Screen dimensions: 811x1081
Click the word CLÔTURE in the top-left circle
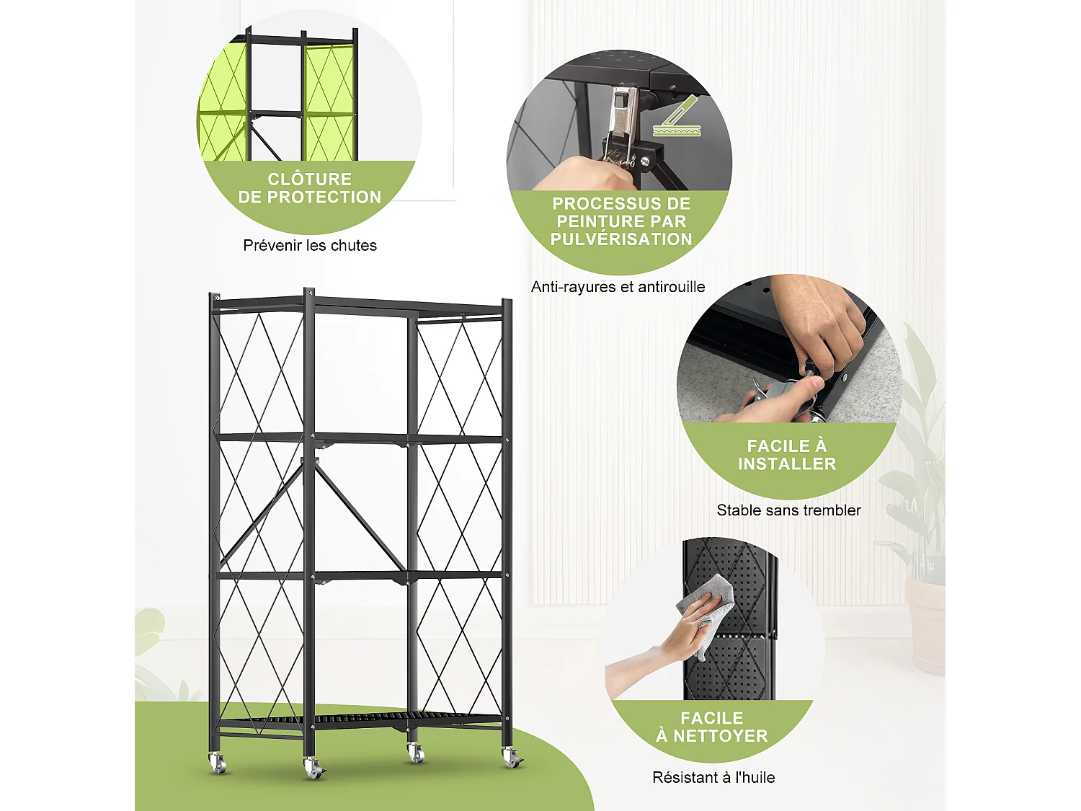click(x=309, y=179)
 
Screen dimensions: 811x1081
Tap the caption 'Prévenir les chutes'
click(x=310, y=245)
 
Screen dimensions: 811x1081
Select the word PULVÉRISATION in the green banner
click(x=621, y=239)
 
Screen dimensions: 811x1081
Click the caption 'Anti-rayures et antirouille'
click(x=618, y=287)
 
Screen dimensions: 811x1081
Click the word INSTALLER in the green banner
click(x=787, y=464)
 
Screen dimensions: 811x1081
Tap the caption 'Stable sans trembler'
click(x=788, y=510)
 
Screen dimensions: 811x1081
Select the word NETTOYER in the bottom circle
click(x=721, y=736)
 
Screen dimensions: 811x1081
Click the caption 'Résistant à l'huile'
click(x=713, y=778)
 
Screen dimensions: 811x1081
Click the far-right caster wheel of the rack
click(x=511, y=758)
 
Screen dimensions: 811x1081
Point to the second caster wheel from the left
click(x=313, y=768)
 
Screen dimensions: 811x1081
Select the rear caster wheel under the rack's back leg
click(x=416, y=753)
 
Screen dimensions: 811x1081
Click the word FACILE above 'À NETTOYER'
click(x=711, y=718)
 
